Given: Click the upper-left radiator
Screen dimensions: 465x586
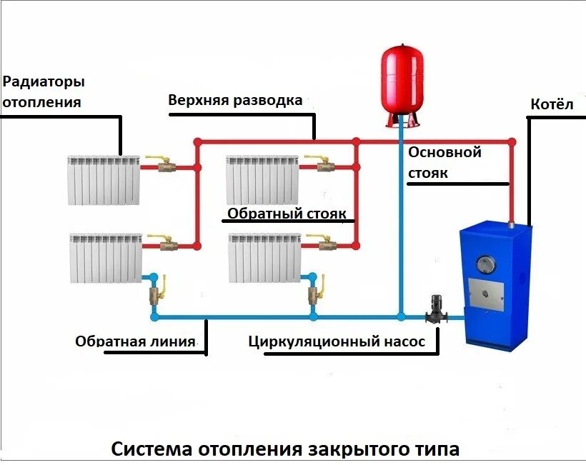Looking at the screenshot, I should coord(104,179).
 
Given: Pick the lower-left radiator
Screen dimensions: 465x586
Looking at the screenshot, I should coord(106,257).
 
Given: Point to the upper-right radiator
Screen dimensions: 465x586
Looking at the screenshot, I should coord(262,179).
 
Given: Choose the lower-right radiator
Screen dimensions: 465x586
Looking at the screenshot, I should coord(264,257).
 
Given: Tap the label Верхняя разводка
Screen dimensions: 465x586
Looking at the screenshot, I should coord(235,99).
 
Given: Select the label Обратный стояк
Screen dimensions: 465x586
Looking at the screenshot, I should coord(287,214).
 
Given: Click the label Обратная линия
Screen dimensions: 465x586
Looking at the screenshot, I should coord(135,342).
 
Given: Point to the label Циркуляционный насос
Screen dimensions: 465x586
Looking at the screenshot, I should coord(337,342).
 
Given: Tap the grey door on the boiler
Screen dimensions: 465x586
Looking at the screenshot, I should coord(486,289).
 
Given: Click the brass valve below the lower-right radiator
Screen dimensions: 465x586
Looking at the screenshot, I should coord(313,294).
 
